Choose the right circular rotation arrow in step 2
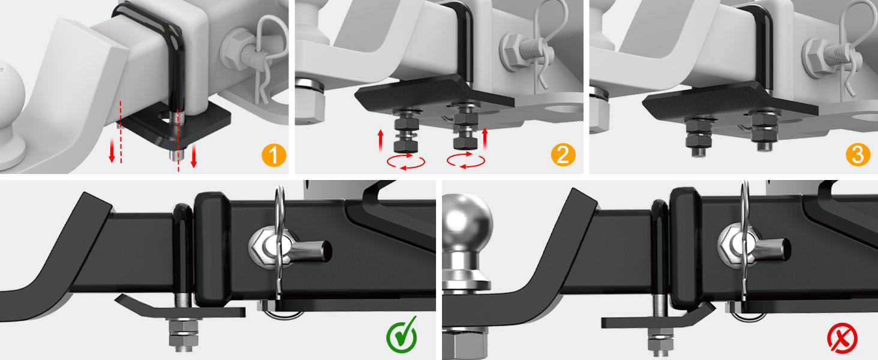point(466,161)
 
